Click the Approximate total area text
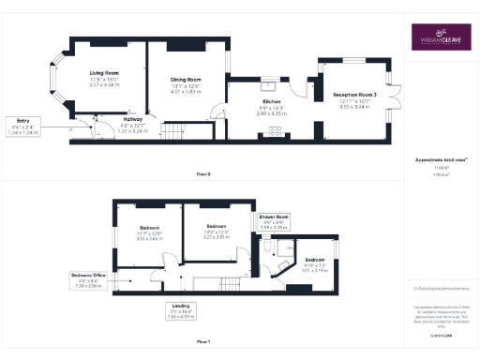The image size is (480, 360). point(440,160)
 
